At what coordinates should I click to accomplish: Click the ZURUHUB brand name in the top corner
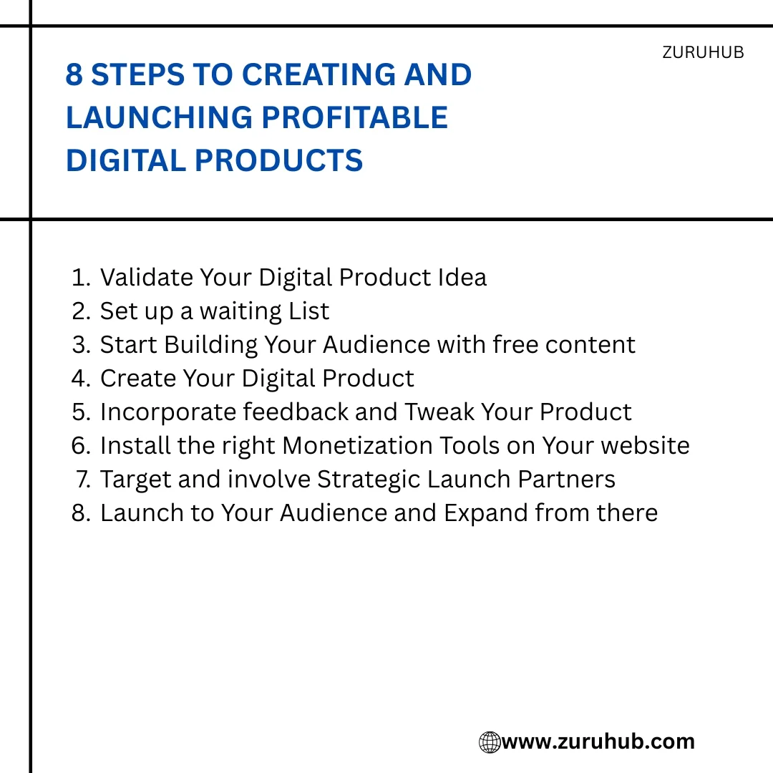[703, 52]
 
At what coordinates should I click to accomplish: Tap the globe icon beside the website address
[490, 742]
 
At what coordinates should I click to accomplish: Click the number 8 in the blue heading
[74, 74]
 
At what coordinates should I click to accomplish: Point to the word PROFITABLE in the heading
[354, 117]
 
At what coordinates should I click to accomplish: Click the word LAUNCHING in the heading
[159, 117]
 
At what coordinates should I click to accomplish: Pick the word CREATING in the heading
[319, 74]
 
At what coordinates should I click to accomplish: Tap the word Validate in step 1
[146, 277]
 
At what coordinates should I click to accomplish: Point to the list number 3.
[82, 344]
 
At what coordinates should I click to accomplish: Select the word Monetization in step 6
[359, 445]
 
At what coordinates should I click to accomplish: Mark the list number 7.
[83, 479]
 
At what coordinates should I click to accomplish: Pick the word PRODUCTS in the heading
[279, 161]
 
